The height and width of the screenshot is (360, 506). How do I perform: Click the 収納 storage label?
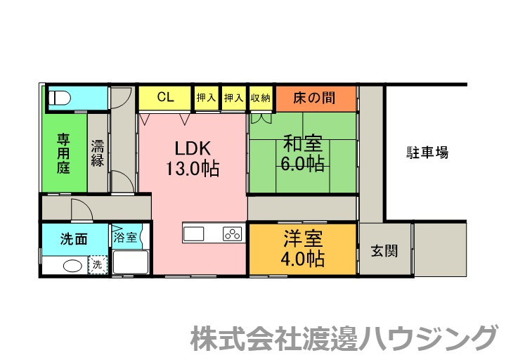click(x=260, y=98)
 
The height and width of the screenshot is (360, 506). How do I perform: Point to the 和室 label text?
click(x=304, y=143)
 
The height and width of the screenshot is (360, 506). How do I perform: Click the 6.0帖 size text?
click(x=304, y=164)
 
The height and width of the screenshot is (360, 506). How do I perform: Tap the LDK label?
click(x=192, y=148)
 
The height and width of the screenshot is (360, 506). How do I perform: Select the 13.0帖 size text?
click(x=192, y=169)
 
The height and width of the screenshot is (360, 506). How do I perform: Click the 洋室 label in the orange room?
click(x=304, y=237)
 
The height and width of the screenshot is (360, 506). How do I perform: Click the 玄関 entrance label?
click(x=384, y=250)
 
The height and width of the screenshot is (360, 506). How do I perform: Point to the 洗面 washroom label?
click(x=74, y=239)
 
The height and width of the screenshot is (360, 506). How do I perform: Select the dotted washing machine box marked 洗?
click(x=97, y=266)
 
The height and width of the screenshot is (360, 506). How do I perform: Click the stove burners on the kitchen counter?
click(x=232, y=233)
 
